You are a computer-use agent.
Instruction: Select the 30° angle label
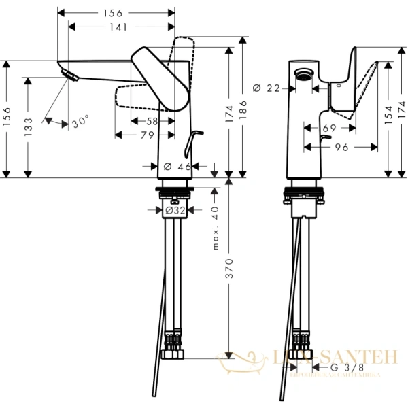[x=80, y=122]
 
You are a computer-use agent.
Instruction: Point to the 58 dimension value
[x=152, y=121]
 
